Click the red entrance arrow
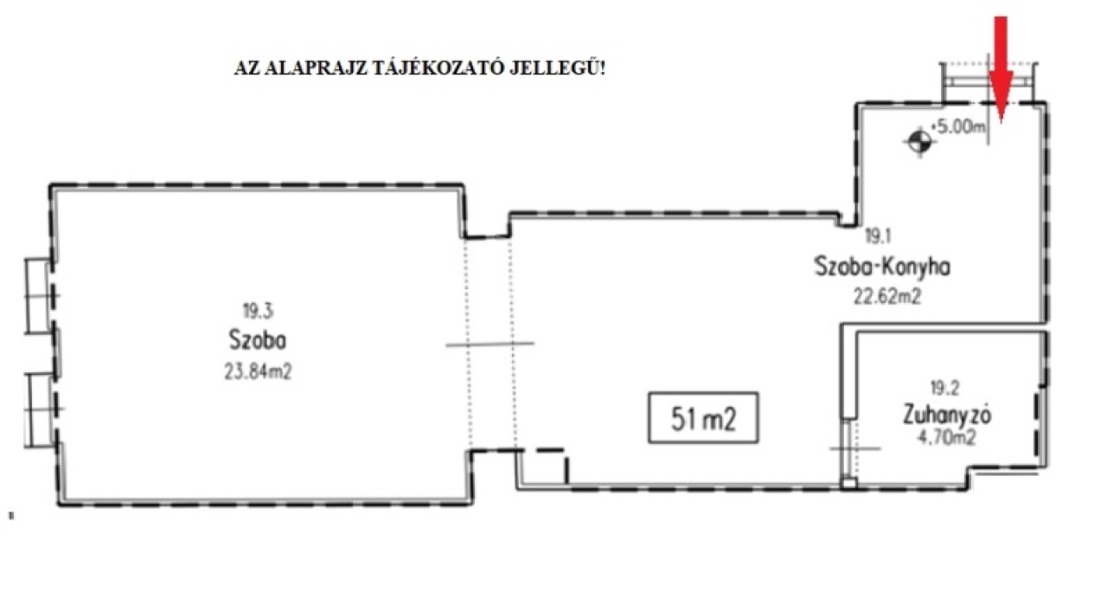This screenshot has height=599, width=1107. (x=1001, y=69)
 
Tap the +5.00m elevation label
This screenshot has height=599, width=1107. (x=958, y=127)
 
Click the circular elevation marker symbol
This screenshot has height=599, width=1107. (x=919, y=143)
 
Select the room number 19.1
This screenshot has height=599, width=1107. (x=878, y=236)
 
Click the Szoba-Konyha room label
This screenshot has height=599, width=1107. (x=882, y=267)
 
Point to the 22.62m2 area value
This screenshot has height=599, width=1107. (x=887, y=297)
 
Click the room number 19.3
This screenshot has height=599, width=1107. (x=258, y=311)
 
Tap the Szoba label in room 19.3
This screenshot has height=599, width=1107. (x=258, y=340)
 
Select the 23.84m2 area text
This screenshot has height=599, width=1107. (x=258, y=371)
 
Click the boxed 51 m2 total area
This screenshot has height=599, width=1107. (x=703, y=418)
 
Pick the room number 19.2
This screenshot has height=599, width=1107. (x=944, y=389)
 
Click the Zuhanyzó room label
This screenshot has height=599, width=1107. (x=947, y=415)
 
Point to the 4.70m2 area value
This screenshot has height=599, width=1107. (x=946, y=438)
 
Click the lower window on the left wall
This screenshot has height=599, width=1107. (x=41, y=410)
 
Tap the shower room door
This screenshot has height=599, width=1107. (x=850, y=449)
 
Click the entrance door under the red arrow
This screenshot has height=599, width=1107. (x=989, y=81)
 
